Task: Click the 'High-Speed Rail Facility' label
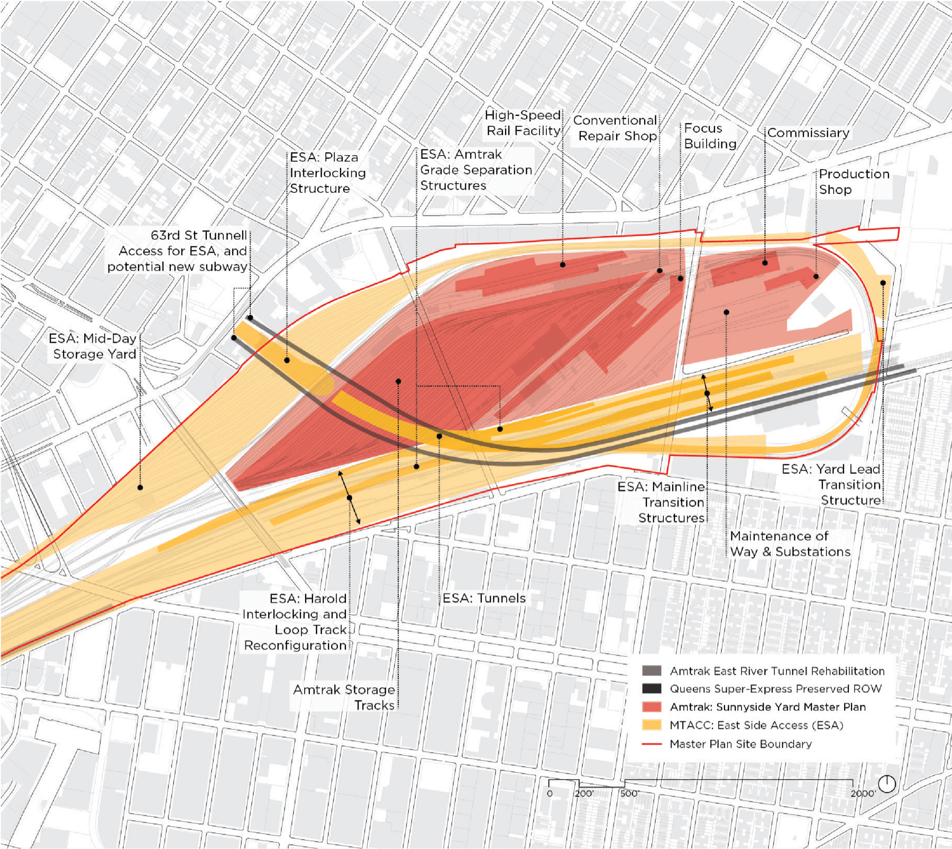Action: (523, 123)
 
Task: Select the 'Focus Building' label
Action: (710, 136)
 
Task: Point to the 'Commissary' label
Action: (808, 133)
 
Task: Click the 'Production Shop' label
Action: (854, 181)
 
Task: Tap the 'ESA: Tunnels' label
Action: (484, 598)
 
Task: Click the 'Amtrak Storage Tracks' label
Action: (344, 697)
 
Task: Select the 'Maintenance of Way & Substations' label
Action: (790, 544)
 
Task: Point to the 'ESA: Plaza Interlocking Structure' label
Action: (327, 173)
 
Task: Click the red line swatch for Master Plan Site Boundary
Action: (652, 744)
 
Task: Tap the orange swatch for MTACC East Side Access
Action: (652, 725)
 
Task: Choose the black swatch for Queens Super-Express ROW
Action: (652, 689)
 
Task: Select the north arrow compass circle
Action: (887, 783)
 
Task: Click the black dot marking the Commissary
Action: (765, 263)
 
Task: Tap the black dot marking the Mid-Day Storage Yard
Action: (140, 487)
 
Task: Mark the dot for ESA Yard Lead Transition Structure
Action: (883, 283)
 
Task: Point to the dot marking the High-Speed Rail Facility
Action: (563, 264)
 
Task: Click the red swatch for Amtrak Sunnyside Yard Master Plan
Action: (652, 707)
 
